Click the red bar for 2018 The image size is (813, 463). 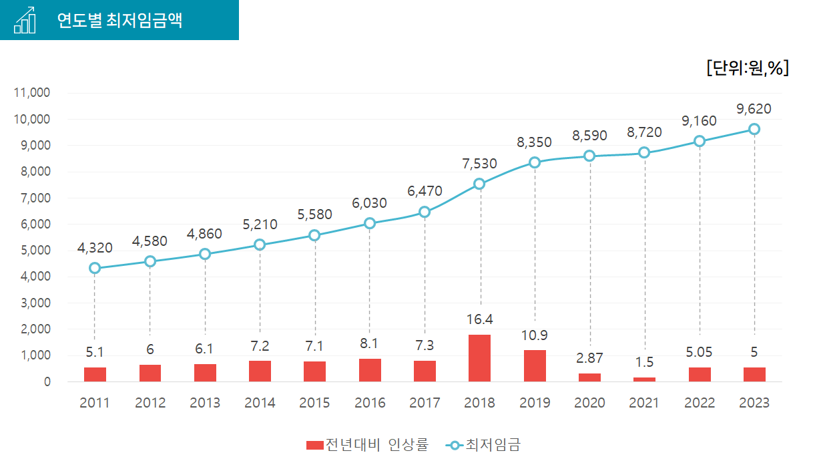[x=479, y=358]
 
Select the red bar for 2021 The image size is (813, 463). [x=644, y=379]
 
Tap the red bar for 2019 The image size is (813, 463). [x=535, y=365]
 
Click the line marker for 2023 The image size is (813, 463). [x=754, y=129]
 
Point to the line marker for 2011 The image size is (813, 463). [x=95, y=268]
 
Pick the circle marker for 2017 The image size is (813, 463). [x=425, y=212]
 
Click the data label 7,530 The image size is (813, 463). [x=479, y=164]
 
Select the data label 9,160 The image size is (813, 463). [x=699, y=121]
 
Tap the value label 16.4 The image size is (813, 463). [x=479, y=319]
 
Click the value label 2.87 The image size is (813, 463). [x=589, y=359]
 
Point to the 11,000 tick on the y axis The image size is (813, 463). [x=32, y=93]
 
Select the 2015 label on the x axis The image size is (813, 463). [x=314, y=403]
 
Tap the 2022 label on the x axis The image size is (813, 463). [x=699, y=403]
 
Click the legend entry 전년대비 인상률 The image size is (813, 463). [x=367, y=445]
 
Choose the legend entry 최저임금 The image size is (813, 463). [x=484, y=445]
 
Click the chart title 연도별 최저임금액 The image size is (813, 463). [x=119, y=20]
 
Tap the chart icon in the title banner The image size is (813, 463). [x=25, y=20]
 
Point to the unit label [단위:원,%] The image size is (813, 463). [x=748, y=67]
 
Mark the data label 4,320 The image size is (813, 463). [x=95, y=248]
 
